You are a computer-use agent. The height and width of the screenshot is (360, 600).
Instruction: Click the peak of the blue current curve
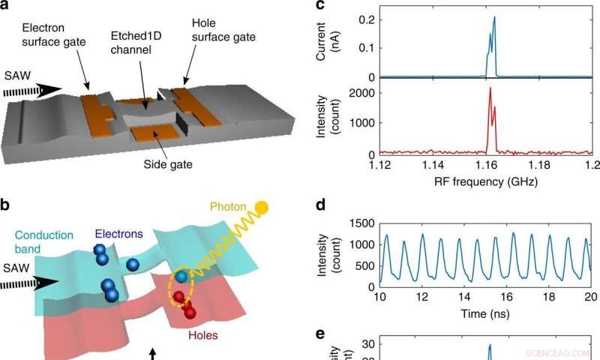click(x=494, y=17)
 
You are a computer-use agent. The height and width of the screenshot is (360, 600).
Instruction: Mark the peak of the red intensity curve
click(x=490, y=88)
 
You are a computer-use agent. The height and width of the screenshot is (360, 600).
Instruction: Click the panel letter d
click(x=320, y=204)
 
